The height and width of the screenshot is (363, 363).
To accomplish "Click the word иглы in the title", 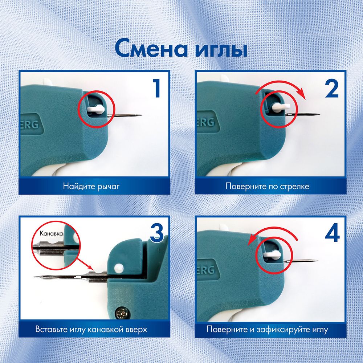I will [x=222, y=49].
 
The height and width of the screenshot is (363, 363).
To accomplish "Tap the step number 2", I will [x=332, y=89].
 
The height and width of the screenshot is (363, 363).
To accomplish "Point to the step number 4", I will [x=332, y=233].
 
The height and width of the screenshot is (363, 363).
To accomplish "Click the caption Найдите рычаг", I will [x=91, y=187].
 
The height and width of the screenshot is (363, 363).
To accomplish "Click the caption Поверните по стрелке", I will [x=267, y=187].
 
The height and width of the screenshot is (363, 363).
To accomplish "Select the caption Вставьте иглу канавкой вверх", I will [x=91, y=330].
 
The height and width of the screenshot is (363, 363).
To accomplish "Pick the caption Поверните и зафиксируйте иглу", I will [x=267, y=330].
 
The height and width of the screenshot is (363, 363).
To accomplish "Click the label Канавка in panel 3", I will [x=51, y=234].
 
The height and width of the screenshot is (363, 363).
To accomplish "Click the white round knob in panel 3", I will [x=118, y=269].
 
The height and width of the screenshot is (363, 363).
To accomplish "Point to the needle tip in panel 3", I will [x=34, y=277].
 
